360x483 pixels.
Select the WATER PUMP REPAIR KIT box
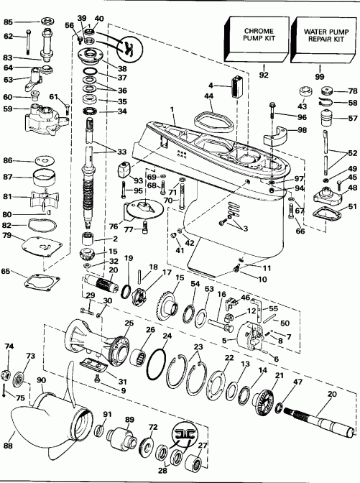pyautogui.click(x=321, y=38)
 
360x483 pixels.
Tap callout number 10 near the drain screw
pyautogui.click(x=252, y=278)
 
